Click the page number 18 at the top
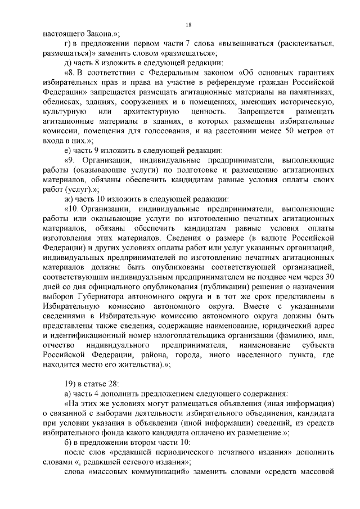188,24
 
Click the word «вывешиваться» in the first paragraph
250,43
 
